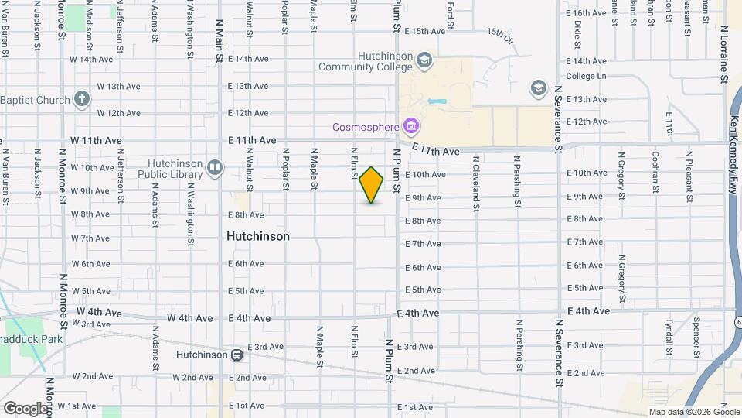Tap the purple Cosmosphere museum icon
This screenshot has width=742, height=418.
pos(410,126)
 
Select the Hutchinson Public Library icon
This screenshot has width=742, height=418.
pos(214,167)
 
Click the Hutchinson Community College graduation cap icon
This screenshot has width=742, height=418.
pos(424,60)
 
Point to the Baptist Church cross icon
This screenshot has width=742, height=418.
pos(83,100)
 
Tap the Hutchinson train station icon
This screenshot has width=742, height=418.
pos(237,355)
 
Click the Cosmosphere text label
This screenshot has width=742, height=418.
pos(365,127)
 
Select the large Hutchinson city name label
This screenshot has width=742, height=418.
pos(258,236)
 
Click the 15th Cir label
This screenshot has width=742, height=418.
pos(499,36)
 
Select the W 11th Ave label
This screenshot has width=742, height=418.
pos(96,140)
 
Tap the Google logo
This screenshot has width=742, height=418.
pos(26,408)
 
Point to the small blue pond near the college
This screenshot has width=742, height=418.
pos(436,101)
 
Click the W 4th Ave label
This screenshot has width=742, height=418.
pos(99,312)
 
